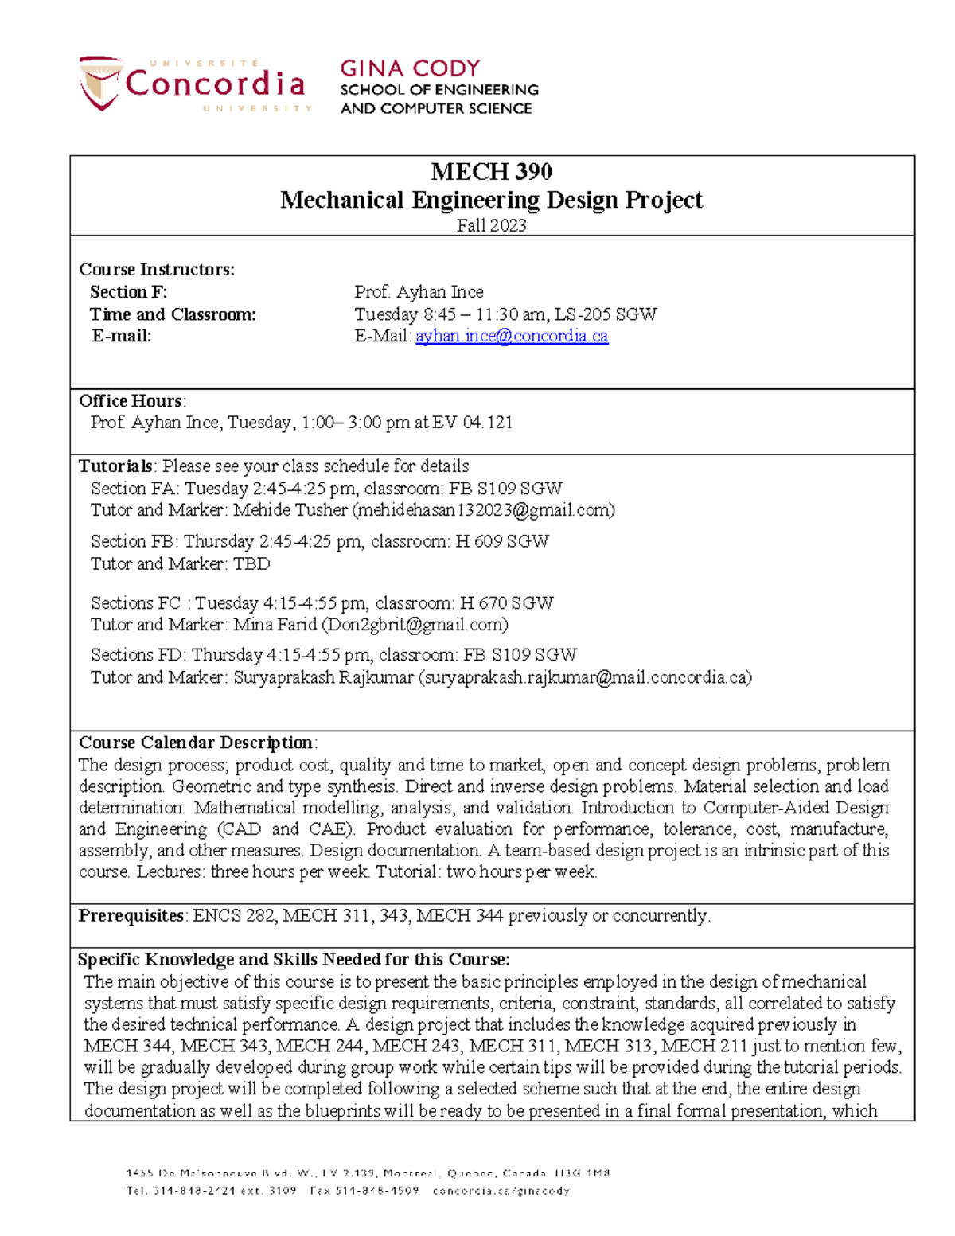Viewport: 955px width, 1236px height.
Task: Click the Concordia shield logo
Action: tap(100, 83)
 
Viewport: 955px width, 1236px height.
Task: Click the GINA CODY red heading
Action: tap(410, 68)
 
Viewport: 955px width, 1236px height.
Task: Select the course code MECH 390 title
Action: tap(491, 171)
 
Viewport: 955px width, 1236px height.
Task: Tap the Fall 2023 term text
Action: tap(491, 225)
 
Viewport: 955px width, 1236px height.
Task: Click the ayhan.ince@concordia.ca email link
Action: tap(512, 336)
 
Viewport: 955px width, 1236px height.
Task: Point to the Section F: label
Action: tap(128, 292)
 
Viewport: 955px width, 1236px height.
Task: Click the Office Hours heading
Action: tap(131, 400)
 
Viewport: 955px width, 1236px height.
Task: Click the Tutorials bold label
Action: tap(115, 466)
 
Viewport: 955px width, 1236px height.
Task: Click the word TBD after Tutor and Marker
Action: tap(251, 564)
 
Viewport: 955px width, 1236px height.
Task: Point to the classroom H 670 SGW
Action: tap(507, 603)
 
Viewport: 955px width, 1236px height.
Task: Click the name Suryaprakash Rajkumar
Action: tap(323, 677)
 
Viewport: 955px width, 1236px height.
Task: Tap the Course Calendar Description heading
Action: tap(196, 743)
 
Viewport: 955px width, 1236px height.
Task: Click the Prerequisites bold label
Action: tap(131, 915)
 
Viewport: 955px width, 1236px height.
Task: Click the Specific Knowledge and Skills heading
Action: tap(293, 959)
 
